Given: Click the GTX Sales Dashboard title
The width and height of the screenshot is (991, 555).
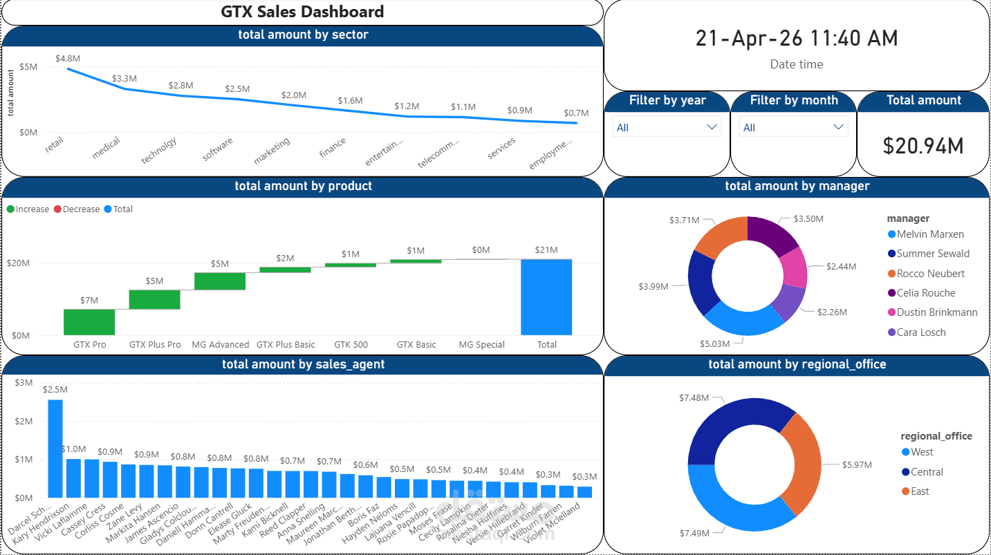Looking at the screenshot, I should coord(302,12).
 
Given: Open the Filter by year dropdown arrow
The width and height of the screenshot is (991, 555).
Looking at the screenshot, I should coord(712,127).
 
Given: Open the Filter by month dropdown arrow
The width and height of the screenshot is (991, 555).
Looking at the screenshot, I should coord(838,127).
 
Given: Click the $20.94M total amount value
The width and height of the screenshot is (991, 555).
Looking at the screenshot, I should coord(923,145).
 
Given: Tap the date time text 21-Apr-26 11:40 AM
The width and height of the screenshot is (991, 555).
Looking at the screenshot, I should coord(796,39).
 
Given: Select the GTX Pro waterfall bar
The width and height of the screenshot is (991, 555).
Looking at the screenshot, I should coord(89,321).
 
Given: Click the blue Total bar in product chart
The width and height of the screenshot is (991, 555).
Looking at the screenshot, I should coord(546,297).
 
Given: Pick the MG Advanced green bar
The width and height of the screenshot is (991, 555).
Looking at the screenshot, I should coord(220,281).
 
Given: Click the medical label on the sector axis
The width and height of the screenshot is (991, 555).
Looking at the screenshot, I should coord(106,148).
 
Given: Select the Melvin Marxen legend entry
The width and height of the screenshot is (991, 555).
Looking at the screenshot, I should coord(929,234).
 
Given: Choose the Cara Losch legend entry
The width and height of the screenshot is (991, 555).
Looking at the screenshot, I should coord(920,332).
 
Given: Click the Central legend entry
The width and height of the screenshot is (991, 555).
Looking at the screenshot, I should coord(926,472).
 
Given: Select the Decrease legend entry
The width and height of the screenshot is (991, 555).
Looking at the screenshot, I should coord(81,209).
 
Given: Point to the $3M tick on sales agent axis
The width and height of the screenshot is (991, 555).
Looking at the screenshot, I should coord(24,382).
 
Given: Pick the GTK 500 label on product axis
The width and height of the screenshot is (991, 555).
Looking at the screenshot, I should coord(351,344).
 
